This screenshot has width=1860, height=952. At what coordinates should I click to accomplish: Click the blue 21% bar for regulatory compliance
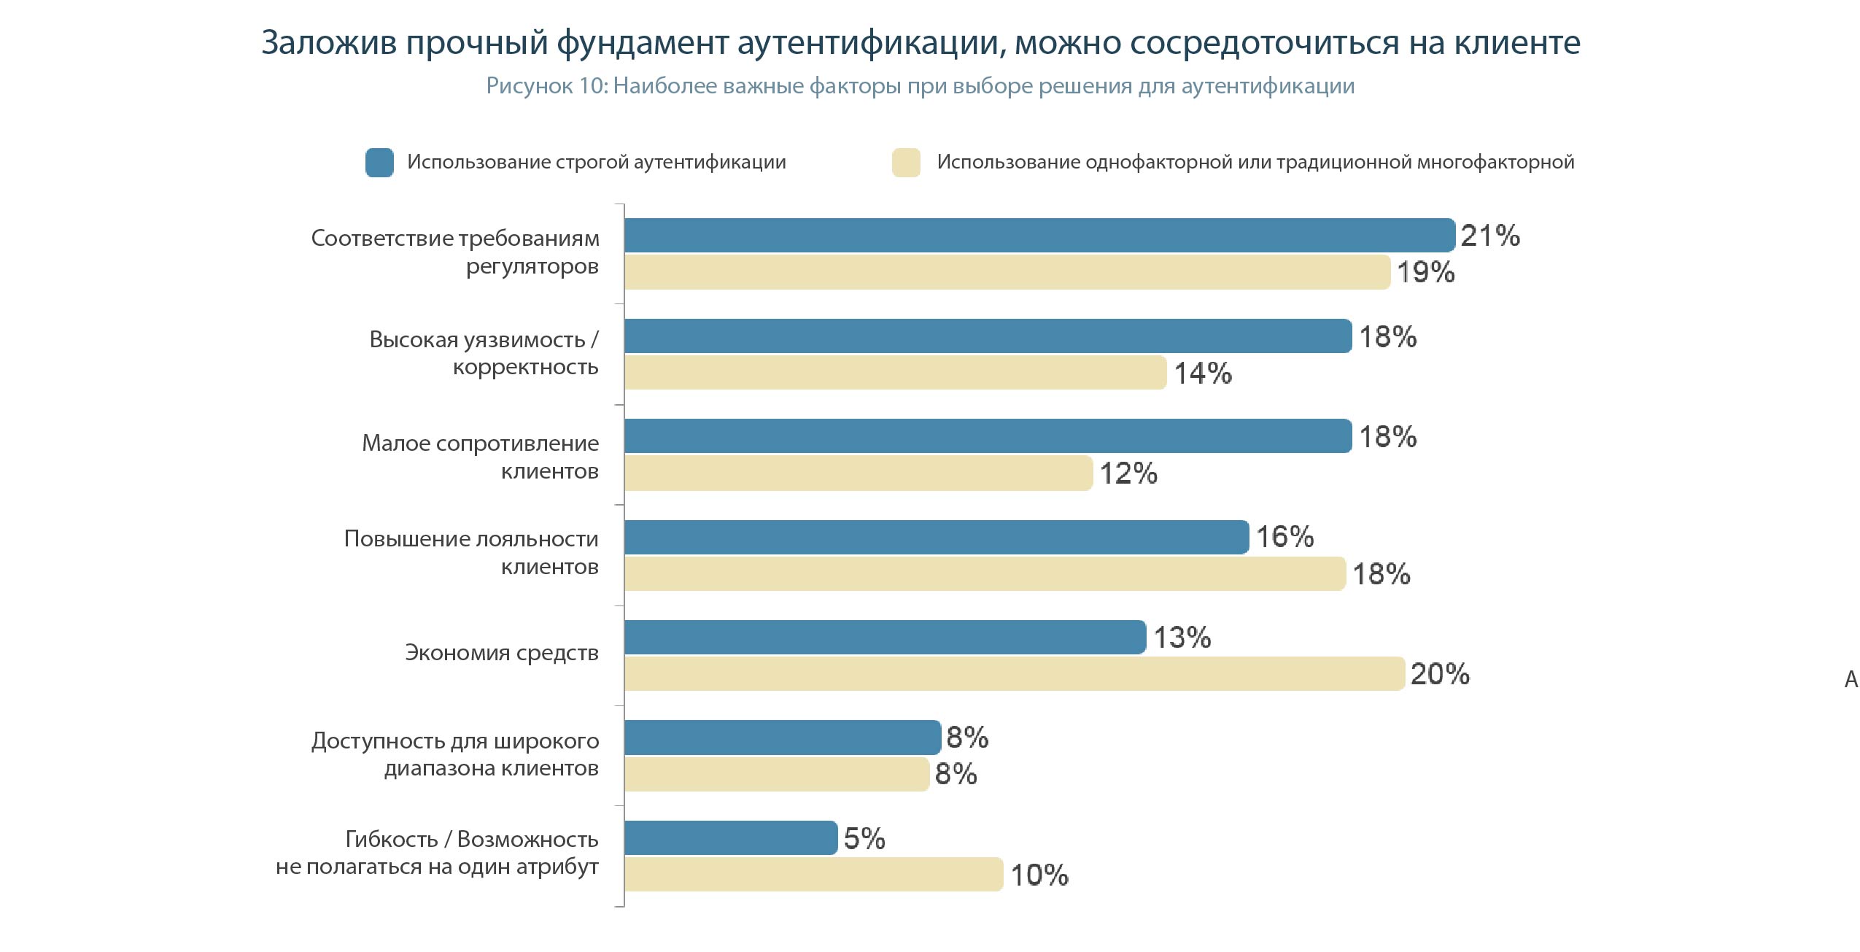pyautogui.click(x=1039, y=235)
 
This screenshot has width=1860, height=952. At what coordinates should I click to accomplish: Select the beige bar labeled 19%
pyautogui.click(x=1007, y=272)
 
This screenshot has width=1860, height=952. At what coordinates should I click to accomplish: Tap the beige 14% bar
pyautogui.click(x=895, y=373)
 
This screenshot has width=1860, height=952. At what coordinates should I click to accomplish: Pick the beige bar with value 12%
pyautogui.click(x=859, y=473)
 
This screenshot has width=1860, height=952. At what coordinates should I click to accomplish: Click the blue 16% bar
pyautogui.click(x=937, y=537)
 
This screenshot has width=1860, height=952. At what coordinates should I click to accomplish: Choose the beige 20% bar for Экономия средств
pyautogui.click(x=1014, y=673)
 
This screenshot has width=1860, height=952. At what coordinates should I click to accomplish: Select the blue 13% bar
pyautogui.click(x=885, y=637)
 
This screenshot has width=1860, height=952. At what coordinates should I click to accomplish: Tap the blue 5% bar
pyautogui.click(x=731, y=837)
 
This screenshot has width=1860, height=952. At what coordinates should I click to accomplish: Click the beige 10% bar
pyautogui.click(x=813, y=874)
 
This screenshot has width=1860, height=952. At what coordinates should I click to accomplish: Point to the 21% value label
pyautogui.click(x=1490, y=236)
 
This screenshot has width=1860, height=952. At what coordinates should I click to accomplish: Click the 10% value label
pyautogui.click(x=1039, y=875)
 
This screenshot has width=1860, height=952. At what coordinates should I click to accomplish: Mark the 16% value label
pyautogui.click(x=1284, y=537)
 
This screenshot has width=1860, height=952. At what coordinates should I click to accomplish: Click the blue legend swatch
pyautogui.click(x=379, y=162)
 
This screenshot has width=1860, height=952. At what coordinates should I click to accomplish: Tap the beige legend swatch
pyautogui.click(x=906, y=162)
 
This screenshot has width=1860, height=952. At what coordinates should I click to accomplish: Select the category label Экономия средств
pyautogui.click(x=502, y=652)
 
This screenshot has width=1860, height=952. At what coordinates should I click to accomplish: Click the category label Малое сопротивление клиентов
pyautogui.click(x=480, y=457)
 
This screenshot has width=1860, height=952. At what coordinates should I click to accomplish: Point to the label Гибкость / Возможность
pyautogui.click(x=472, y=839)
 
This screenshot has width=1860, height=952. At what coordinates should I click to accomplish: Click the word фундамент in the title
pyautogui.click(x=643, y=43)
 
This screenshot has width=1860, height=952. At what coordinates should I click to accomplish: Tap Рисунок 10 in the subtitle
pyautogui.click(x=546, y=86)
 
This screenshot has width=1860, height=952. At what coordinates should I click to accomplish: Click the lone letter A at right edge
pyautogui.click(x=1851, y=680)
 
